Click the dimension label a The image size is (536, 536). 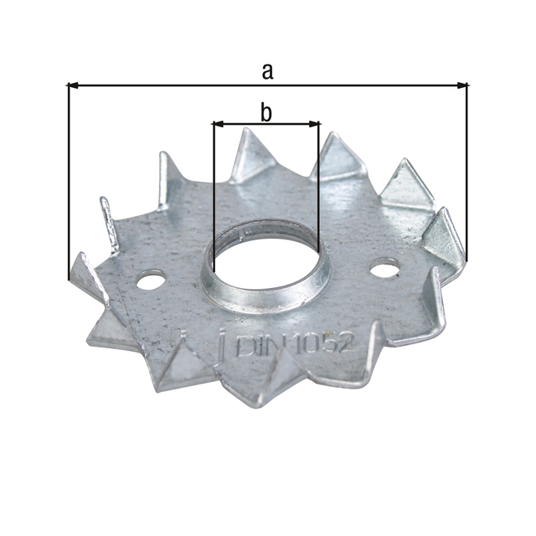pos(267,72)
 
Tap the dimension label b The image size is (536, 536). pos(266,112)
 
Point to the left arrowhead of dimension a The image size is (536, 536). pos(73,85)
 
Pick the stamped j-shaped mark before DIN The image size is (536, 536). pos(222,343)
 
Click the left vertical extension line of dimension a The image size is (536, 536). pos(67,184)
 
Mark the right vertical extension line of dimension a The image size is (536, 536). pos(467,167)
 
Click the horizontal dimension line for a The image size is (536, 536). pos(167,85)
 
